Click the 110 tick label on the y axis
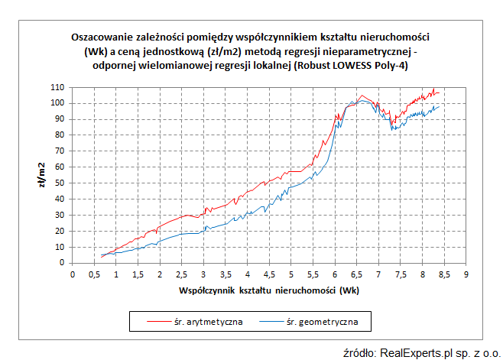pyautogui.click(x=58, y=87)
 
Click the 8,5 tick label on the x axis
pyautogui.click(x=443, y=274)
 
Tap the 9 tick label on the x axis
pyautogui.click(x=466, y=274)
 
